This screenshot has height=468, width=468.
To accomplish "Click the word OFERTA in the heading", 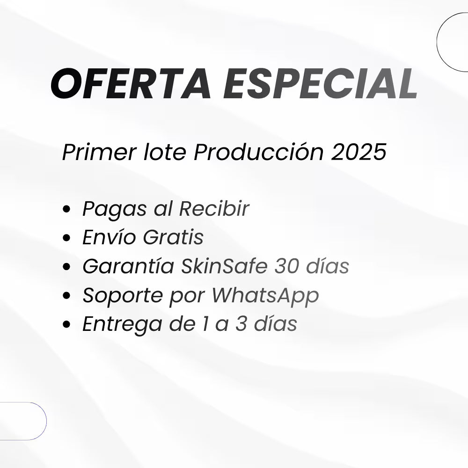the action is [x=131, y=83].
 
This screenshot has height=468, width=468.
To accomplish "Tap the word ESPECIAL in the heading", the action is [x=320, y=83].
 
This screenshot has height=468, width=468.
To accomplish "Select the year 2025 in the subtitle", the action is [x=358, y=152].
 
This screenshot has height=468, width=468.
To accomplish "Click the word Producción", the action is [x=258, y=152].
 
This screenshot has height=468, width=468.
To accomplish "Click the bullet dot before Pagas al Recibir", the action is [x=66, y=209].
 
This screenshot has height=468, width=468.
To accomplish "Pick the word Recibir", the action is [x=214, y=208].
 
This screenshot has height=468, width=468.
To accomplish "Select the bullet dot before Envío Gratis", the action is [x=66, y=238].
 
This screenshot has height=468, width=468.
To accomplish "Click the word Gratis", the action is [x=173, y=237].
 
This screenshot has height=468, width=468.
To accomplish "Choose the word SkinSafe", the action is [x=224, y=266].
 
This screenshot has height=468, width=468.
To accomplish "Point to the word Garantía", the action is [x=128, y=266].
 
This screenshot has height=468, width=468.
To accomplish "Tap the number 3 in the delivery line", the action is [x=241, y=324].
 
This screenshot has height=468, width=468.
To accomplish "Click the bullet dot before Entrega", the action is [x=66, y=324].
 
